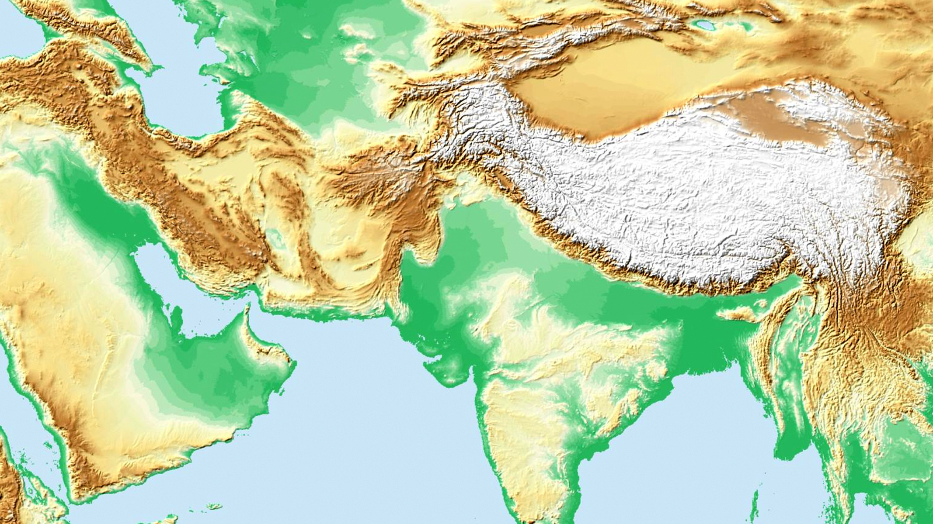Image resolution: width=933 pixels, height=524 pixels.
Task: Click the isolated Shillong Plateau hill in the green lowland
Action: point(739,314)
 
